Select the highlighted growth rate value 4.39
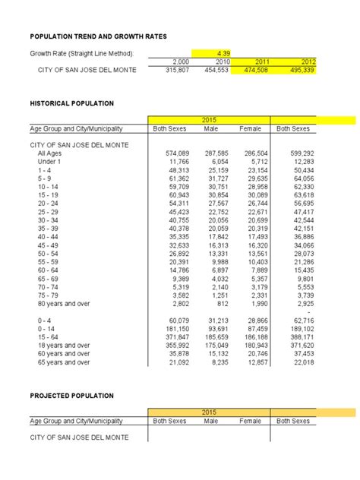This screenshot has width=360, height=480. click(x=223, y=52)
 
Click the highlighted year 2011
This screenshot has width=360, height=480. click(x=261, y=61)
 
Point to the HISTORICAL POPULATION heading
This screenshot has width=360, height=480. click(x=72, y=103)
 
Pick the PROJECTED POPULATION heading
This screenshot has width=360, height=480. click(x=71, y=396)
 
